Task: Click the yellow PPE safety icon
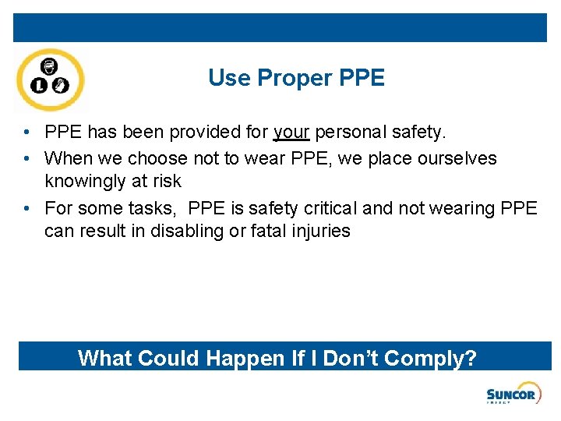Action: pyautogui.click(x=51, y=80)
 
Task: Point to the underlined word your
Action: pyautogui.click(x=291, y=133)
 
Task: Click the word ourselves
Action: pyautogui.click(x=454, y=159)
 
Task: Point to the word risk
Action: pyautogui.click(x=168, y=182)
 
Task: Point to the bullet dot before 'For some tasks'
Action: pyautogui.click(x=27, y=209)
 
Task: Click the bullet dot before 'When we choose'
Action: pyautogui.click(x=27, y=159)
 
